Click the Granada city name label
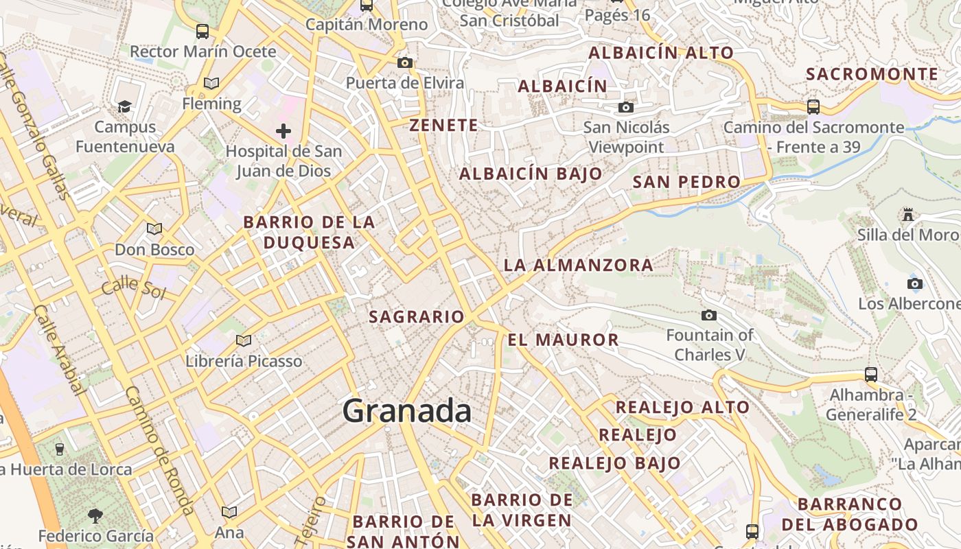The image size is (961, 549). [407, 411]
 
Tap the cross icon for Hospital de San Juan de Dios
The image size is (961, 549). [283, 130]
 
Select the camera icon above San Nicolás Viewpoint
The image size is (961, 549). [625, 107]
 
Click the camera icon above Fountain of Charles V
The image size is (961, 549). [709, 315]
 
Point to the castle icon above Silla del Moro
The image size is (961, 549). [908, 215]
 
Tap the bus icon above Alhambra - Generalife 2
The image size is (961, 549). [871, 375]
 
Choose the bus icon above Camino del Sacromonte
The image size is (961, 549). [813, 107]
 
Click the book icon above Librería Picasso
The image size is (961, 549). [244, 340]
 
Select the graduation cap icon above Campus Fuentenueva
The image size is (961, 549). [124, 106]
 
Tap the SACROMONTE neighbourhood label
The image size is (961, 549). [872, 74]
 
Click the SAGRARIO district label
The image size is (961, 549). [417, 317]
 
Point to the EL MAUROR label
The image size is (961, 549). [564, 340]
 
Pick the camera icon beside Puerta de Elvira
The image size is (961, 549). [405, 63]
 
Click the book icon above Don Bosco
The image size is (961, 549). [154, 229]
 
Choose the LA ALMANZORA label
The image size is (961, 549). [579, 265]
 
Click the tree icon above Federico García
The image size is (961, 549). [95, 515]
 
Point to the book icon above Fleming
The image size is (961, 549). [211, 84]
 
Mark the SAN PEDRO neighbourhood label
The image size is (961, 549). [686, 182]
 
